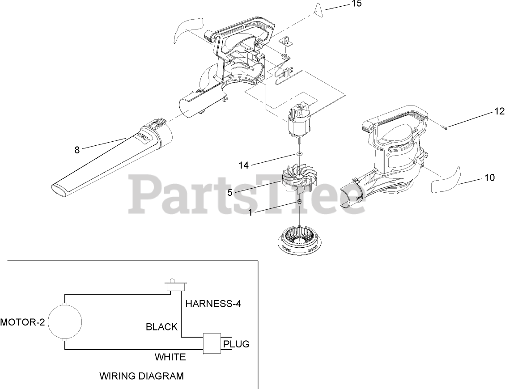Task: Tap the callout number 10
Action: click(489, 178)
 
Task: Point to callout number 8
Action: click(77, 150)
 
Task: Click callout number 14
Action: click(243, 165)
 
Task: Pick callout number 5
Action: click(229, 193)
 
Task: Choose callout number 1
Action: click(250, 213)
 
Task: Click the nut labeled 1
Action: click(299, 202)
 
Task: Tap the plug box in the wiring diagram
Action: click(212, 343)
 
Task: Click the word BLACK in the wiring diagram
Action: click(161, 327)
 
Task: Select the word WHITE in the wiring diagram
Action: click(170, 357)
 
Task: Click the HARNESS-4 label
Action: click(213, 304)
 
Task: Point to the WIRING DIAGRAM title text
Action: click(141, 376)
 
